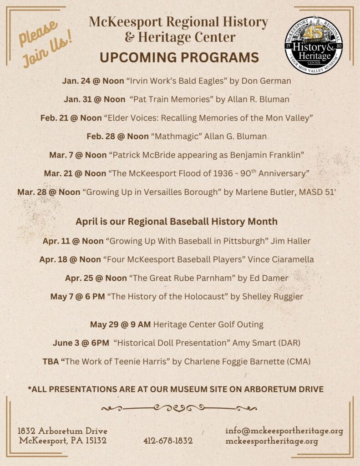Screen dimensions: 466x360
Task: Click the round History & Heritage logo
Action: (x=313, y=46)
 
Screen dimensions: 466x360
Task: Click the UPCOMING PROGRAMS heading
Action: (x=179, y=58)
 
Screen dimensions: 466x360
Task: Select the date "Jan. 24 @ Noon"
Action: (x=93, y=81)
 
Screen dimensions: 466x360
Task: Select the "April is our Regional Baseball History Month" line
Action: (x=176, y=222)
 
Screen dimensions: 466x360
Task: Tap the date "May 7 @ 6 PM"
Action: (x=77, y=297)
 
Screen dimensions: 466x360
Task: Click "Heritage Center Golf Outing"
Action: (x=208, y=324)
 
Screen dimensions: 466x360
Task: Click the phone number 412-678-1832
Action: (x=167, y=441)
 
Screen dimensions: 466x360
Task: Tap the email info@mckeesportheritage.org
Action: (x=284, y=431)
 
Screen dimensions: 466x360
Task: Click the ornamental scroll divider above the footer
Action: (x=179, y=408)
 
